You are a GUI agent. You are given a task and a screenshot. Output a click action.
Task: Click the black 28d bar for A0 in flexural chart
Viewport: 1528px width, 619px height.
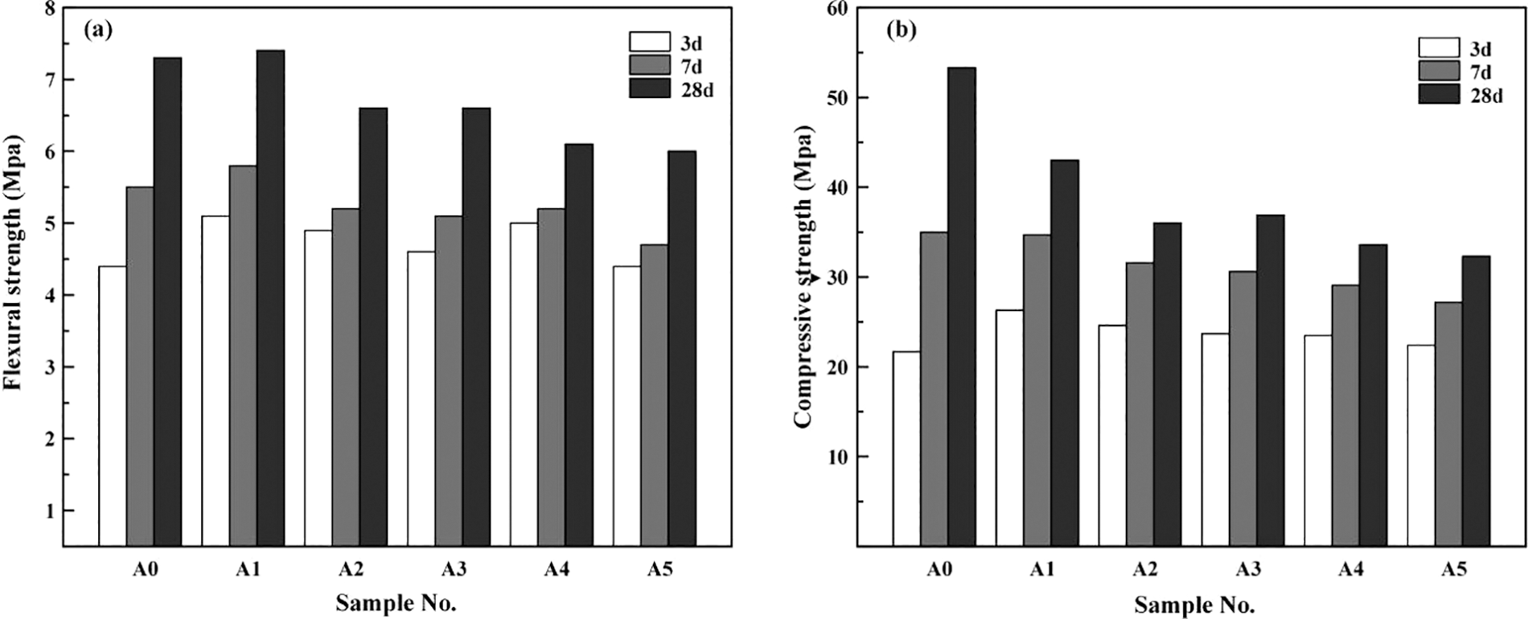click(x=167, y=301)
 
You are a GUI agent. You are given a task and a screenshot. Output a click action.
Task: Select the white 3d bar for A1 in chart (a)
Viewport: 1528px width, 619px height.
click(x=215, y=381)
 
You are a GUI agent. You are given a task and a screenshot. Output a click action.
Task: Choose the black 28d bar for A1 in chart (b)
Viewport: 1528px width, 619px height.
click(x=1065, y=353)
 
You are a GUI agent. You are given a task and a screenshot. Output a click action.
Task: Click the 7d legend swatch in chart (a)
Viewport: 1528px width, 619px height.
click(x=650, y=65)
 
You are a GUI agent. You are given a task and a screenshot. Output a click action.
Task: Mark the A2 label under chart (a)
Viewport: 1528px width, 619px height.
click(x=350, y=570)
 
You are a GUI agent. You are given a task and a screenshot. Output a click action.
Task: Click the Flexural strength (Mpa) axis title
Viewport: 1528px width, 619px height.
click(x=14, y=262)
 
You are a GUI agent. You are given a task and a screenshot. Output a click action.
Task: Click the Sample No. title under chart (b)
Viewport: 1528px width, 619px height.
click(x=1194, y=604)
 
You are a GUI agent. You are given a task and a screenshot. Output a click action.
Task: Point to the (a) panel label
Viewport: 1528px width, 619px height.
click(x=98, y=31)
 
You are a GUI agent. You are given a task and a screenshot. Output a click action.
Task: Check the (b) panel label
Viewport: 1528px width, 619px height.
click(x=901, y=31)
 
